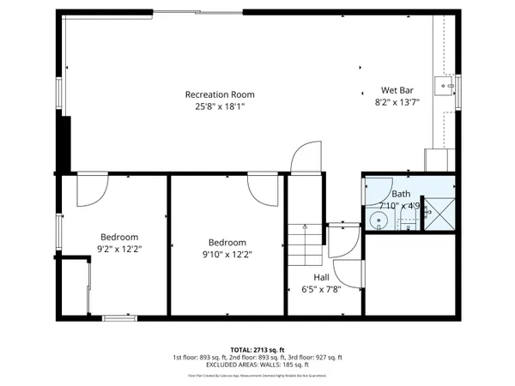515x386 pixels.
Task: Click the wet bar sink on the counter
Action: point(445,86)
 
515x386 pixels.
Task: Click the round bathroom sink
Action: point(379,221)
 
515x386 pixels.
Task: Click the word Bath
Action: point(401,195)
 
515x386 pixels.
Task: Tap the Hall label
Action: point(320,277)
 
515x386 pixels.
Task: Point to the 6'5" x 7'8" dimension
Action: point(320,289)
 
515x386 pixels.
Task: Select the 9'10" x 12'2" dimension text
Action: point(227,254)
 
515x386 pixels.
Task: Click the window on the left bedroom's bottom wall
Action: point(119,318)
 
